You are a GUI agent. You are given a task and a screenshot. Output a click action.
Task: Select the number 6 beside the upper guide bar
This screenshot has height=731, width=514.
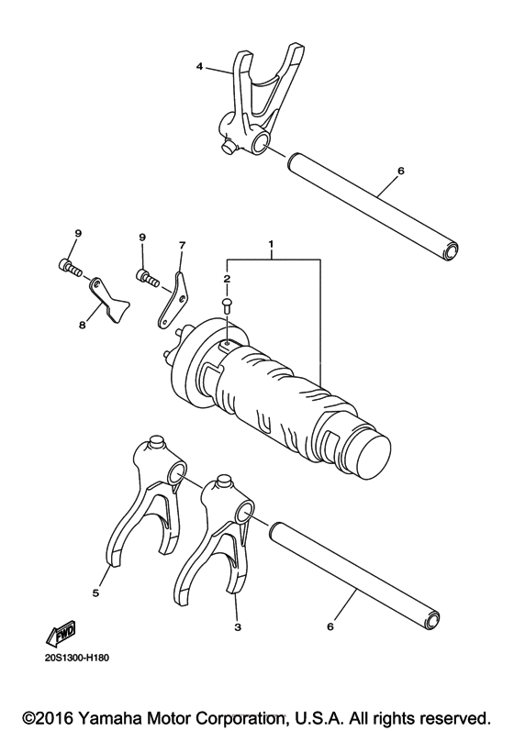399,171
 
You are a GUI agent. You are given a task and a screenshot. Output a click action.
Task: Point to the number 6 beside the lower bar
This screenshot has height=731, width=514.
331,626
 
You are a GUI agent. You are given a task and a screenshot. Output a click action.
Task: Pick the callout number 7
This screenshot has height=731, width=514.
182,246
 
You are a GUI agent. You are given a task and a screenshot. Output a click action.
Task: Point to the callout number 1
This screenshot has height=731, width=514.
271,245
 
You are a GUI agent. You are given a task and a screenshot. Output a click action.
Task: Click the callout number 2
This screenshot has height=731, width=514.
227,276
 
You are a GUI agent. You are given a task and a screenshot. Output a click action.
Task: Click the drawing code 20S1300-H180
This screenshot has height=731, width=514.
75,659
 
